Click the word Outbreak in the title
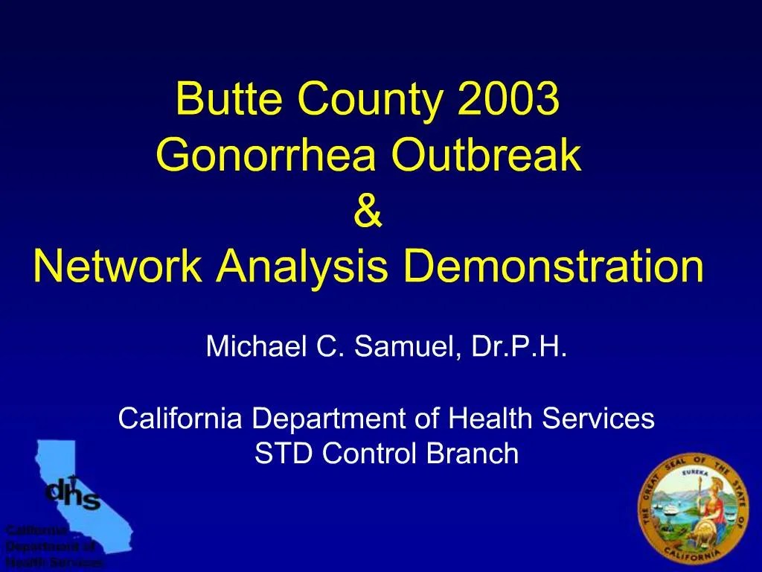pyautogui.click(x=486, y=156)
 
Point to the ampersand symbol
pyautogui.click(x=368, y=212)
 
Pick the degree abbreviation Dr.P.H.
pyautogui.click(x=520, y=346)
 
